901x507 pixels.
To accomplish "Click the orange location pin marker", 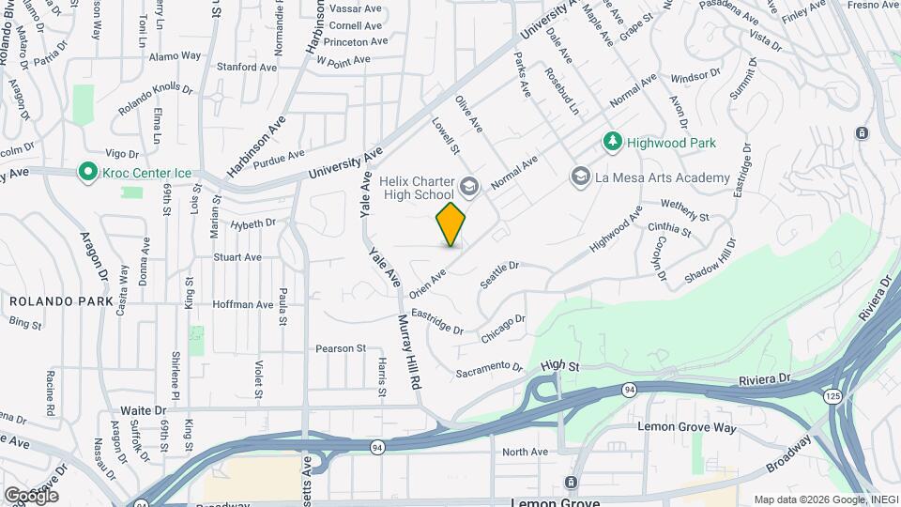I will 450,224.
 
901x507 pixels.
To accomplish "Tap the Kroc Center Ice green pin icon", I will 87,172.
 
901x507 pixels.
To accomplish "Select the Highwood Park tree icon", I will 612,142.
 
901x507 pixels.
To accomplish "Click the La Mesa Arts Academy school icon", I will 580,177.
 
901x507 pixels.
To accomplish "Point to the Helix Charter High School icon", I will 468,187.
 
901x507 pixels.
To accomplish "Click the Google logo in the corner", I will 31,495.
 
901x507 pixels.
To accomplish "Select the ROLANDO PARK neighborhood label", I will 61,301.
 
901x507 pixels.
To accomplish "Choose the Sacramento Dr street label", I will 488,369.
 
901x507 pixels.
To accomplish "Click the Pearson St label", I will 340,347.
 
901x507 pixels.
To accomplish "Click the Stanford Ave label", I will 247,68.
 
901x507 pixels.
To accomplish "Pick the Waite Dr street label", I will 143,410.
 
